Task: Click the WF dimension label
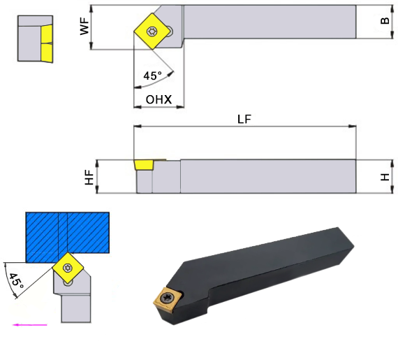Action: click(84, 26)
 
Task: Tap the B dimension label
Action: click(385, 20)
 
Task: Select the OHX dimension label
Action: click(159, 99)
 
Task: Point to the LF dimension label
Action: click(244, 119)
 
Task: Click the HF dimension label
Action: click(89, 177)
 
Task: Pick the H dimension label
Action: click(385, 177)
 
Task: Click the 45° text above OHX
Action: click(152, 75)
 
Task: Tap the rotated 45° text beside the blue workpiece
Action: click(16, 281)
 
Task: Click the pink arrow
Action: click(30, 324)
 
